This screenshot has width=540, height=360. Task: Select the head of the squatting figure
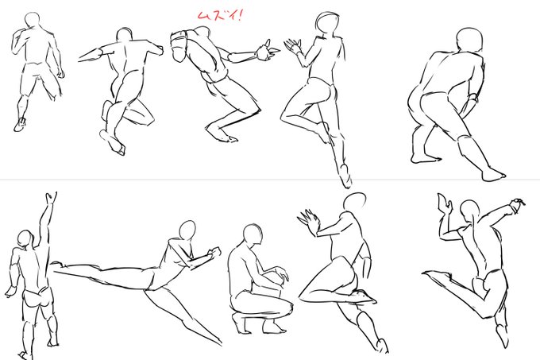pos(252,235)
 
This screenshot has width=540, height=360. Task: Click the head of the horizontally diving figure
pos(187,230)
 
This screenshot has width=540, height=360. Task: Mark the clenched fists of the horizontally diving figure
pos(211,254)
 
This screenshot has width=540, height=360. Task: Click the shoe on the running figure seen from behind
pos(20,124)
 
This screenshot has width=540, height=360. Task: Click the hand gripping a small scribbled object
pos(519,207)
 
